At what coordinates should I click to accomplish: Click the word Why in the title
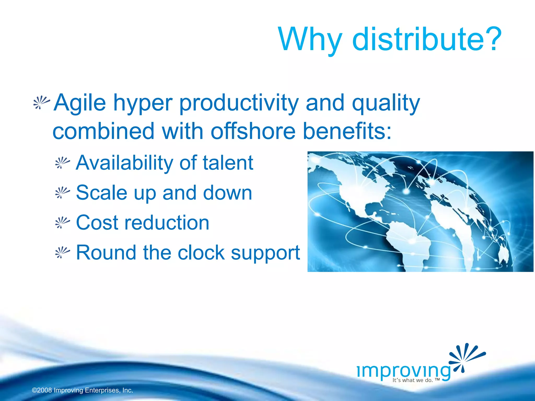tap(310, 40)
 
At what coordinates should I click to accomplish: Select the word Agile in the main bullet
tap(80, 103)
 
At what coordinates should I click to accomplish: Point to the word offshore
tap(253, 131)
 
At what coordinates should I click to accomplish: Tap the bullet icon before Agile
tap(41, 102)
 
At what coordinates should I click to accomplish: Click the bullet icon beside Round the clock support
tap(62, 252)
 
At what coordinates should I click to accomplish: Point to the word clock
tap(201, 252)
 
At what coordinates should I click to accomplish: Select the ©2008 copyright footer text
tap(83, 390)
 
